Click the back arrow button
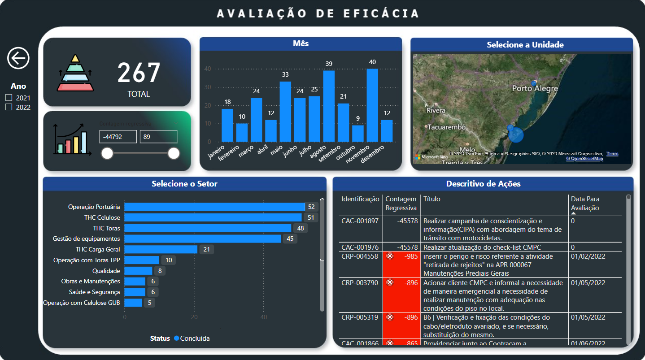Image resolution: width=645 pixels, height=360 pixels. pos(18,58)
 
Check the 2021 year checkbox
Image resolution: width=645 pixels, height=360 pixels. pos(8,98)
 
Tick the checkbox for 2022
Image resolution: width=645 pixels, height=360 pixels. pos(8,107)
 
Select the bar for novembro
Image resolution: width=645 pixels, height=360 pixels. pos(372,105)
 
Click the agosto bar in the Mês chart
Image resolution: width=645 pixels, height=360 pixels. pos(329,106)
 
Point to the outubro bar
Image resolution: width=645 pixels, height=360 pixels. pos(357,134)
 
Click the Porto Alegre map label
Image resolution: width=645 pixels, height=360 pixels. pos(535,89)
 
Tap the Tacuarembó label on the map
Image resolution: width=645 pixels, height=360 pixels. pos(446,127)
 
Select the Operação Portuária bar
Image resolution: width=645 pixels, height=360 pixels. pos(214,207)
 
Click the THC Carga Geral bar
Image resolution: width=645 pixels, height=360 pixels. pos(161,249)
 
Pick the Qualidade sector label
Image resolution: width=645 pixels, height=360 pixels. pos(106,271)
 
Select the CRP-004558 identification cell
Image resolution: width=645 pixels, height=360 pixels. pos(360,256)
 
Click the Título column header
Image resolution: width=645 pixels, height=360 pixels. pos(432,199)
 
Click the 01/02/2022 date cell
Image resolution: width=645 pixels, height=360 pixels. pos(588,256)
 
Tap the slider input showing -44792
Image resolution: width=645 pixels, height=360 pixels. pos(118,137)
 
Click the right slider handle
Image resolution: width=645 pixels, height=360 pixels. pos(174,153)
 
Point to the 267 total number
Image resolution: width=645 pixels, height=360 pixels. pos(139,73)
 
